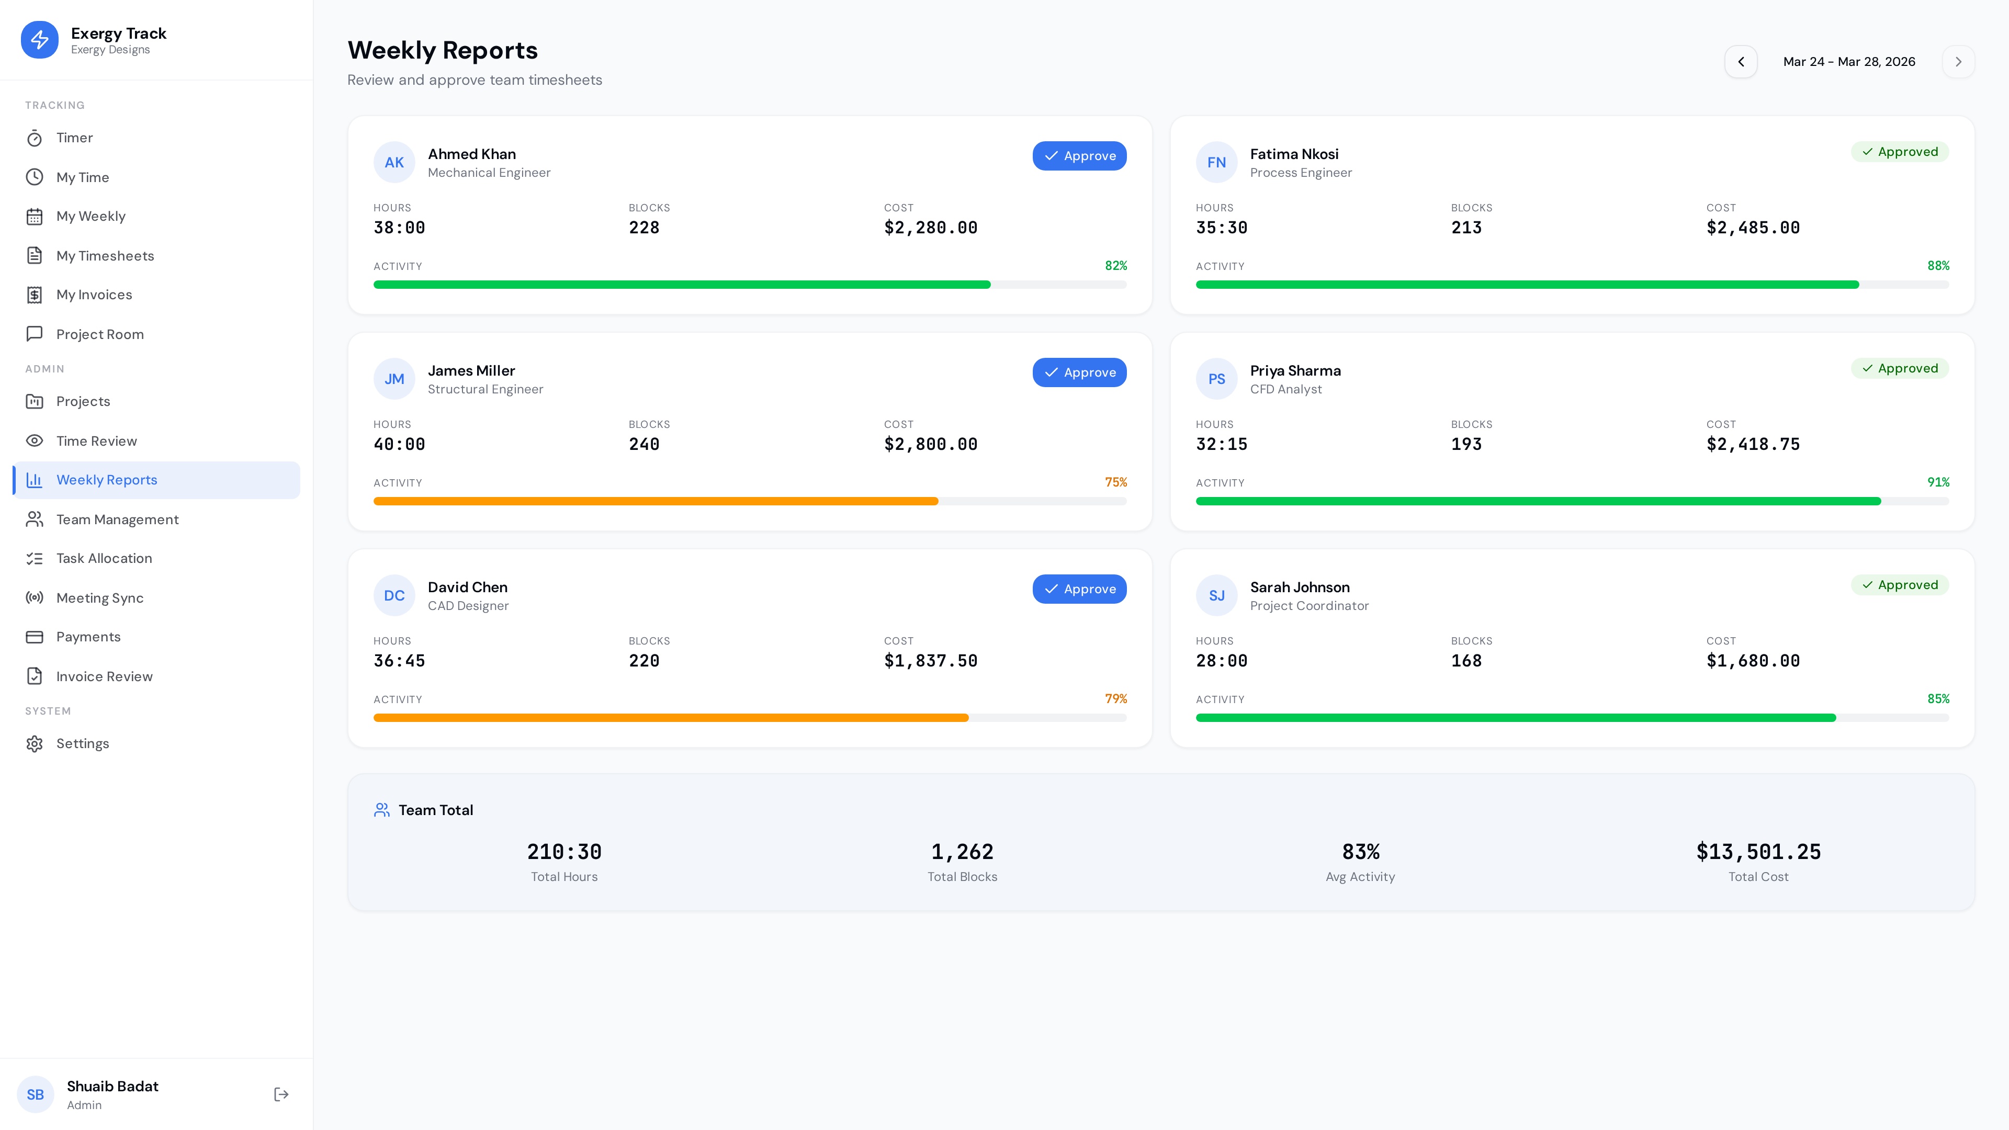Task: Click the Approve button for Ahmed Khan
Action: [1079, 156]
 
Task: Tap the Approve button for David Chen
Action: [1079, 589]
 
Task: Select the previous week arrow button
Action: [1740, 62]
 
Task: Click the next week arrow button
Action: [1958, 62]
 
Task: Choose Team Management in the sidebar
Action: [117, 519]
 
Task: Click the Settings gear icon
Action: [35, 743]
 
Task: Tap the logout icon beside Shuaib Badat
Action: [281, 1094]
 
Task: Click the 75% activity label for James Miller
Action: [1115, 482]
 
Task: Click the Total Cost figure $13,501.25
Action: [1758, 852]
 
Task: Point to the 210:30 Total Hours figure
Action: [564, 852]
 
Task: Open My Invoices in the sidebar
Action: [94, 295]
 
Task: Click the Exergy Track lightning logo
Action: [40, 40]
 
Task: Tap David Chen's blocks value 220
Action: [644, 661]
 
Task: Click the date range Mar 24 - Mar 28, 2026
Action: [1848, 62]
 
